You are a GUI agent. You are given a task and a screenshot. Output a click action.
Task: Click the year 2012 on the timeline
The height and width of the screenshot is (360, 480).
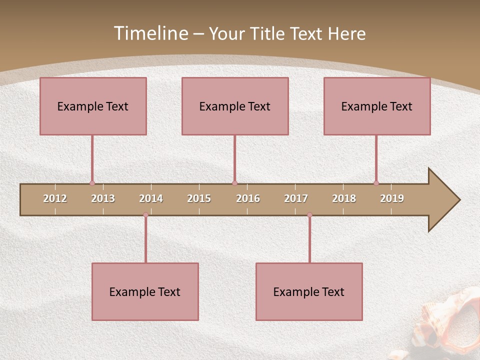pos(55,198)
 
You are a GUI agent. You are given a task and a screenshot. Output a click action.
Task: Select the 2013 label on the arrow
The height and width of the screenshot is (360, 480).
pos(103,198)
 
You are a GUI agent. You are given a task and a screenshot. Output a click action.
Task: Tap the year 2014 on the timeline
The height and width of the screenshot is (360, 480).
pos(151,198)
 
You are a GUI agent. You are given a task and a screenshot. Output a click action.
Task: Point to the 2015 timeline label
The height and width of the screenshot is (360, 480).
pos(199,198)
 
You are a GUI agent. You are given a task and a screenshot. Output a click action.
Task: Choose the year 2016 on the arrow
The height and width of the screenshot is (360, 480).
pos(248,198)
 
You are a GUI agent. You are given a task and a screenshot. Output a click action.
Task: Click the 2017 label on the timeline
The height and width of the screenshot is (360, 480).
pos(296,198)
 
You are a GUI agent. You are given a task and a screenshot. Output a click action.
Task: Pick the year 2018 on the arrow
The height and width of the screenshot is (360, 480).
pos(344,198)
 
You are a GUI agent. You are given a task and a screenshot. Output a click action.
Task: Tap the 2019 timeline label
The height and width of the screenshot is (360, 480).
pos(392,198)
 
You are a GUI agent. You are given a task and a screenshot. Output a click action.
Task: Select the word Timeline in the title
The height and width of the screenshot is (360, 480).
pos(150,33)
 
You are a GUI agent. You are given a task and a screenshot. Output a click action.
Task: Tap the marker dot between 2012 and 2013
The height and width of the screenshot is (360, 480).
pos(92,183)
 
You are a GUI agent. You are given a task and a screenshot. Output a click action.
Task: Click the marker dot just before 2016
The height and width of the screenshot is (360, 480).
pos(234,183)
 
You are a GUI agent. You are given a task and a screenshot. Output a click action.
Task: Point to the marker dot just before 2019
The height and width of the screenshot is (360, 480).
pos(376,183)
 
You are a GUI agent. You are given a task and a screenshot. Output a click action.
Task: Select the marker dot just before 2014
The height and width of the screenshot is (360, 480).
pos(145,214)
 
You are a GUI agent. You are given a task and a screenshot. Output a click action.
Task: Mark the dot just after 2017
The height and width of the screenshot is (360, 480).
pos(309,214)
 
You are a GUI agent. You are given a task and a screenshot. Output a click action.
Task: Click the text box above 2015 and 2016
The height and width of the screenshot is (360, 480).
pos(235,106)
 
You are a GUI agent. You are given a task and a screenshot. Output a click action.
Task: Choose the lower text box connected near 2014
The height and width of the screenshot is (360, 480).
pos(145,291)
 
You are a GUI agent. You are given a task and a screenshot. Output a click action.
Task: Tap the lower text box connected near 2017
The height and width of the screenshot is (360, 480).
pos(309,291)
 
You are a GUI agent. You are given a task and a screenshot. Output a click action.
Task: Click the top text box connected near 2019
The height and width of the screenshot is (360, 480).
pos(377,106)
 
